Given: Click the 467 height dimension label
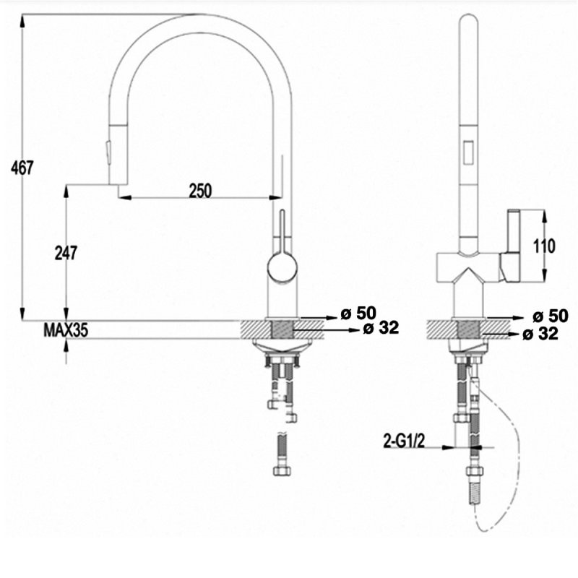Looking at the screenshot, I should (22, 168).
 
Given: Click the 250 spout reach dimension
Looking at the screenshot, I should (200, 190).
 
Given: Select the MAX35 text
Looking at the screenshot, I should (66, 331).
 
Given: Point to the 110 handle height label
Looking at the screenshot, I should (543, 246).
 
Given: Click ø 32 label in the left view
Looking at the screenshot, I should (381, 329).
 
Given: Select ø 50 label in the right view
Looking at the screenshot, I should (551, 316).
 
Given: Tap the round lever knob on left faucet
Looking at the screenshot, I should (282, 267).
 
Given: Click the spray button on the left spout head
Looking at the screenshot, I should (109, 152).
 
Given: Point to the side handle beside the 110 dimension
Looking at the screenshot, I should (513, 246).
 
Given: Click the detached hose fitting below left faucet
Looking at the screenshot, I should (282, 455).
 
